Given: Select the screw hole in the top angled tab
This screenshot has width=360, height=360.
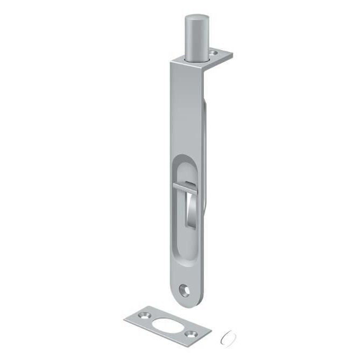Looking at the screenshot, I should tap(216, 54).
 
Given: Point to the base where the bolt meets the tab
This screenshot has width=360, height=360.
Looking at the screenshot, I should tap(197, 59).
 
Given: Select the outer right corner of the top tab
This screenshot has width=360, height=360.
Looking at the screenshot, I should tap(232, 56).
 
